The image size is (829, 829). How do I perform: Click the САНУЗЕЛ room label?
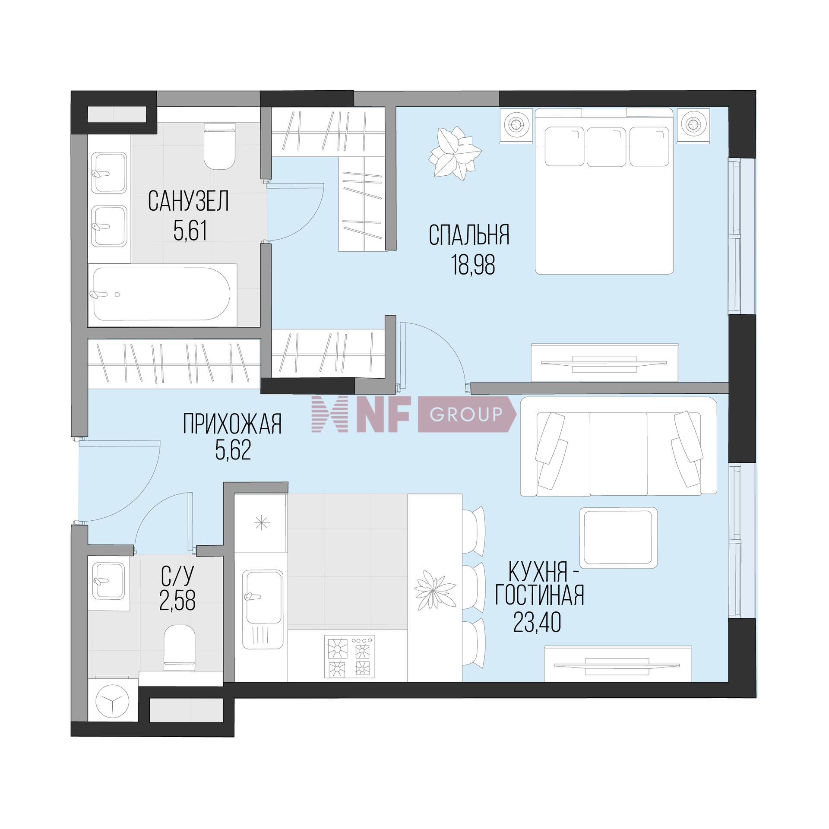tap(188, 201)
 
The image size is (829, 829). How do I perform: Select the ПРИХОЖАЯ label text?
tap(232, 424)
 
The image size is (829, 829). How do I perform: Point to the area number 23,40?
tap(537, 623)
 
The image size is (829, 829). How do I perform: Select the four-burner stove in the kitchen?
tap(350, 656)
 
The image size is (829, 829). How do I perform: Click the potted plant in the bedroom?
tap(454, 153)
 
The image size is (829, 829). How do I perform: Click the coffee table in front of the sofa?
tap(618, 538)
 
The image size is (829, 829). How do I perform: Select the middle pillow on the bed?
tap(606, 146)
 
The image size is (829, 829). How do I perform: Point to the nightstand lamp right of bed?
tap(693, 125)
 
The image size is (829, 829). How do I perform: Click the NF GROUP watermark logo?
tap(414, 414)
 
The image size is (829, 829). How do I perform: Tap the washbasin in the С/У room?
tap(109, 581)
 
